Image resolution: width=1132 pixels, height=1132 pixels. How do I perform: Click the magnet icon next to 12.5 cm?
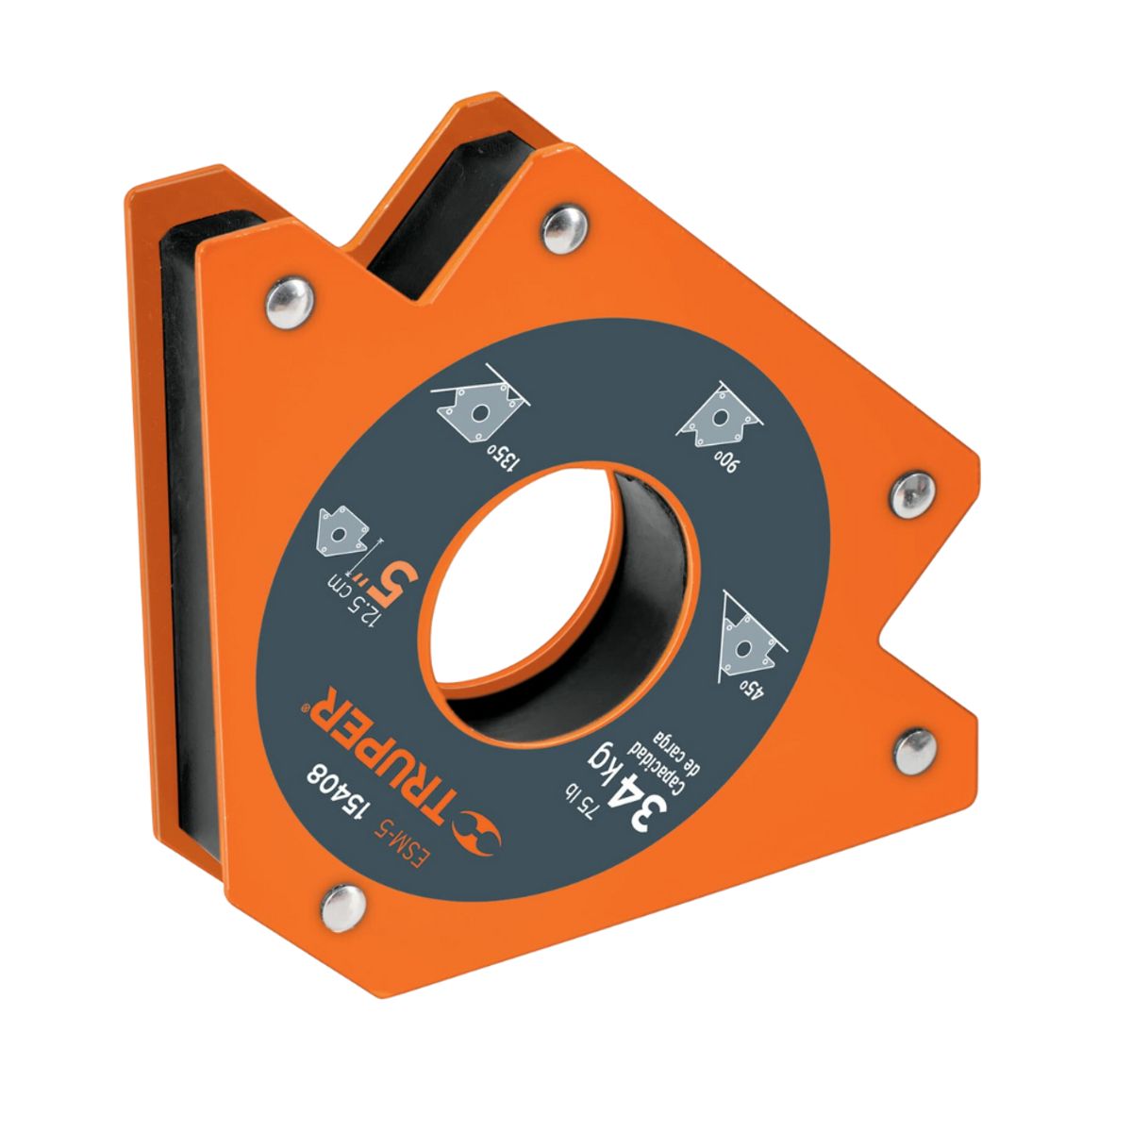pyautogui.click(x=341, y=533)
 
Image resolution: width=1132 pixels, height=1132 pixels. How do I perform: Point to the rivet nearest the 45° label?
pyautogui.click(x=911, y=747)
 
